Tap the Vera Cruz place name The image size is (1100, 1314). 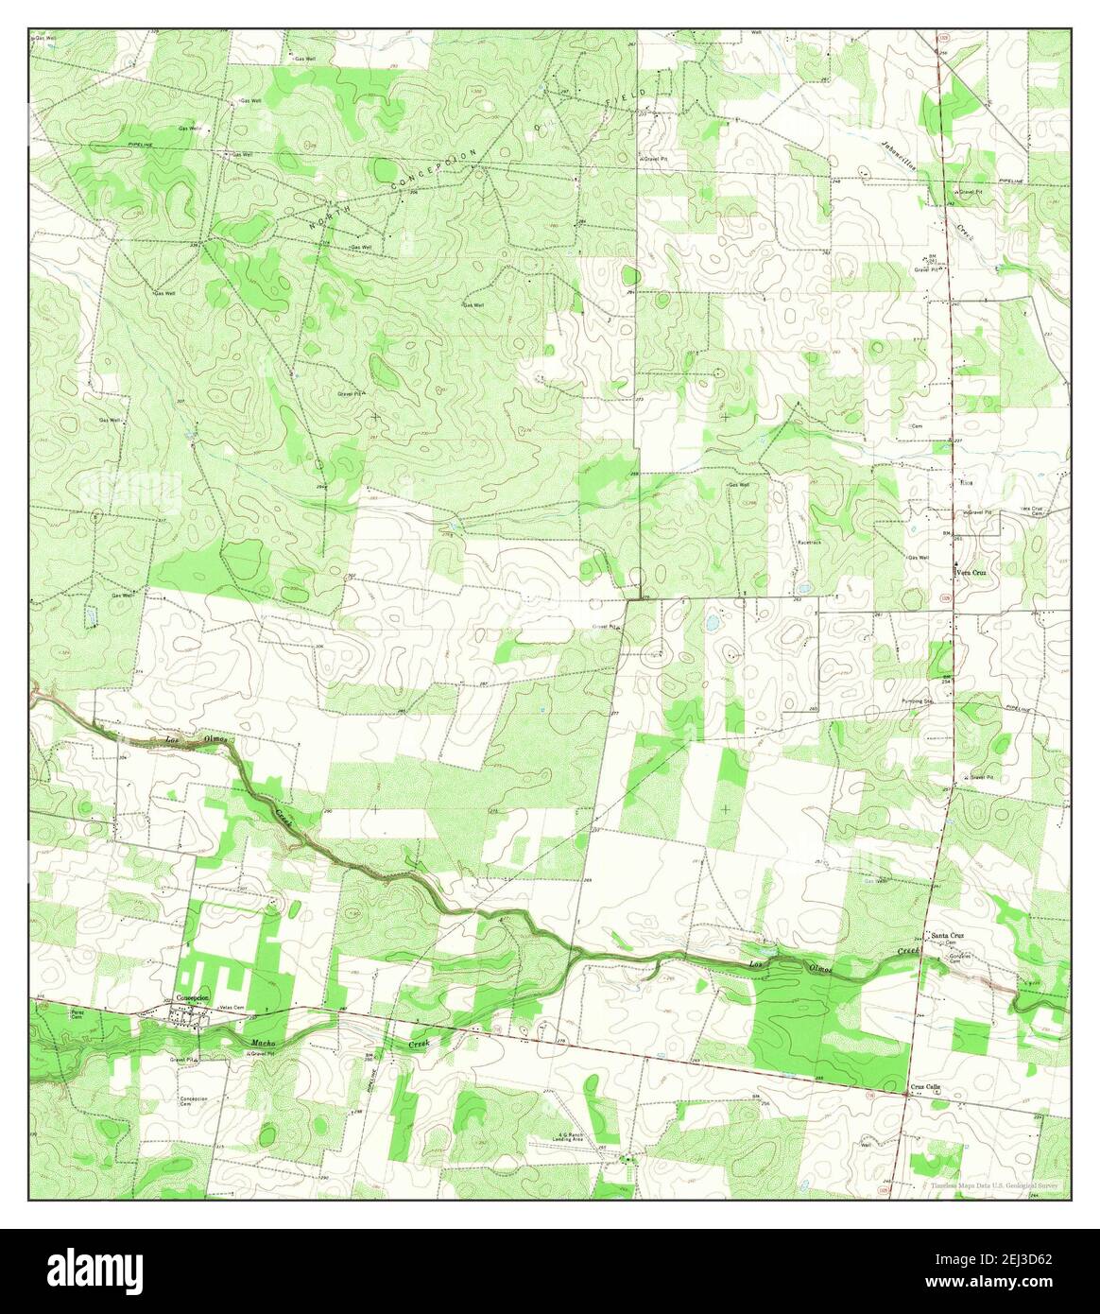tap(971, 572)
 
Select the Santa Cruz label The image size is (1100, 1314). tap(947, 935)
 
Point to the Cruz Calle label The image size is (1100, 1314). tap(926, 1088)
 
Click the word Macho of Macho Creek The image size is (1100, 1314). tap(262, 1044)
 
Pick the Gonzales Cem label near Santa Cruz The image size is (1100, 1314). tap(961, 958)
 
